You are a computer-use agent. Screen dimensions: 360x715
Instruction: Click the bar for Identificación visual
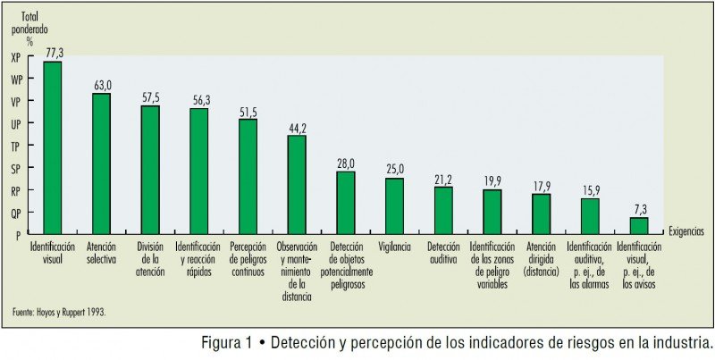pyautogui.click(x=53, y=147)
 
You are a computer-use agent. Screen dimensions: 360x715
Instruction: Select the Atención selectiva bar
pyautogui.click(x=101, y=163)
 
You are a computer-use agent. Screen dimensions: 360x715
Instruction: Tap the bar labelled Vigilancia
pyautogui.click(x=394, y=206)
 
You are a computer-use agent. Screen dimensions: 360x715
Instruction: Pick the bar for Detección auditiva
pyautogui.click(x=443, y=211)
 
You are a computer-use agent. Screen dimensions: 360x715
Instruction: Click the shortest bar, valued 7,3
pyautogui.click(x=639, y=226)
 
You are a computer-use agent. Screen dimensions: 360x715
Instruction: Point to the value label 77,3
pyautogui.click(x=53, y=54)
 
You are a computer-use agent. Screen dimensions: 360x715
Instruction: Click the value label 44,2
pyautogui.click(x=297, y=127)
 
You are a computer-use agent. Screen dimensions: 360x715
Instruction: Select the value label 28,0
pyautogui.click(x=346, y=163)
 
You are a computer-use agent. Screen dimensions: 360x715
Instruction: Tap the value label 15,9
pyautogui.click(x=590, y=190)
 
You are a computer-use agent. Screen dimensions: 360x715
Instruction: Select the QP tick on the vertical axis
pyautogui.click(x=15, y=213)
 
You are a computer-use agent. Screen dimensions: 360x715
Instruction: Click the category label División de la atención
pyautogui.click(x=150, y=259)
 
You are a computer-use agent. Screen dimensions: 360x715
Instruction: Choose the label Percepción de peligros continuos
pyautogui.click(x=248, y=259)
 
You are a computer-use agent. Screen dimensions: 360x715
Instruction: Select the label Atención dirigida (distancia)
pyautogui.click(x=541, y=259)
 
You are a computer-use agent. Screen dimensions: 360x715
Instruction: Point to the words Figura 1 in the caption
pyautogui.click(x=226, y=343)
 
